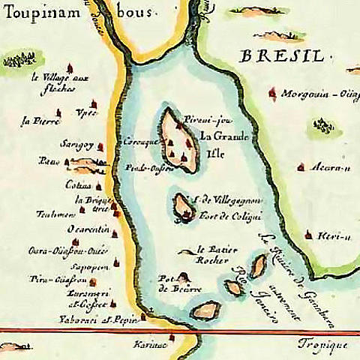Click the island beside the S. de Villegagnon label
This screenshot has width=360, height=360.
(x=182, y=206)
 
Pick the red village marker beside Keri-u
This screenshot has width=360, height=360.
(x=307, y=235)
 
